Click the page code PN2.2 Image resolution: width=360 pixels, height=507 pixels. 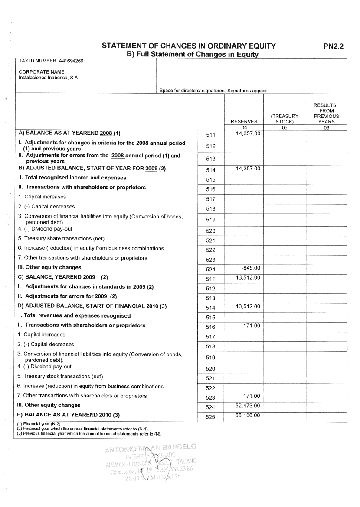[x=333, y=46]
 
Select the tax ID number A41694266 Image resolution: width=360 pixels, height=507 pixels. [x=71, y=61]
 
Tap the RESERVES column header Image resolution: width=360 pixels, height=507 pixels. [x=244, y=122]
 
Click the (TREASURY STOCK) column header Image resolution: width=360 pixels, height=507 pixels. [x=285, y=119]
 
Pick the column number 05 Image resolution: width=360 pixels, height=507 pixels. [x=285, y=127]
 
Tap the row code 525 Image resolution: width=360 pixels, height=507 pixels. [x=210, y=416]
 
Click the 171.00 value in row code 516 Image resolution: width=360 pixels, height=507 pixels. [x=252, y=325]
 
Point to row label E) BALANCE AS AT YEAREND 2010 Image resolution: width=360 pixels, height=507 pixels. [x=69, y=415]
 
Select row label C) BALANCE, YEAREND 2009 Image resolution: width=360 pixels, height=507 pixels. [x=62, y=277]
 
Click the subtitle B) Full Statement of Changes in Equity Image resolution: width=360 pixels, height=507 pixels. [x=192, y=55]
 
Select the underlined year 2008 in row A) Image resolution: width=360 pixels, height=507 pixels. [x=106, y=133]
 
